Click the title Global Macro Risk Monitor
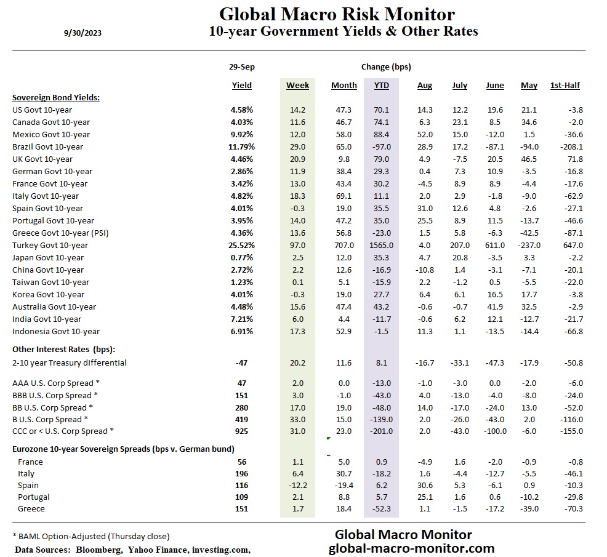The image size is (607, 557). click(337, 14)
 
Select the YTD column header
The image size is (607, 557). click(381, 86)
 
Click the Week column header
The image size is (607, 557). click(297, 86)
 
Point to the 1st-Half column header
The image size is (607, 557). click(565, 86)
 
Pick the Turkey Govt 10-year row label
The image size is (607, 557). click(50, 245)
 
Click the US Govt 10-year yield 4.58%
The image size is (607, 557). click(241, 110)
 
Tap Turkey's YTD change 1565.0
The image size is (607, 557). click(382, 245)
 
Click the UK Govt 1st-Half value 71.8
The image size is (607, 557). click(574, 159)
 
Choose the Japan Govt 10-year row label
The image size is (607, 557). click(48, 257)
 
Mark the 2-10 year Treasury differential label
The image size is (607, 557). click(70, 363)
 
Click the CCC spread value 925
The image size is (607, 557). click(241, 431)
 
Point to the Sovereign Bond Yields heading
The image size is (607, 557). click(56, 97)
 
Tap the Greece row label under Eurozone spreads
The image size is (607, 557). click(31, 508)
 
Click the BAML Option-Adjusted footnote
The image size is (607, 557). click(90, 536)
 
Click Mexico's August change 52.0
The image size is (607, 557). click(425, 134)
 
